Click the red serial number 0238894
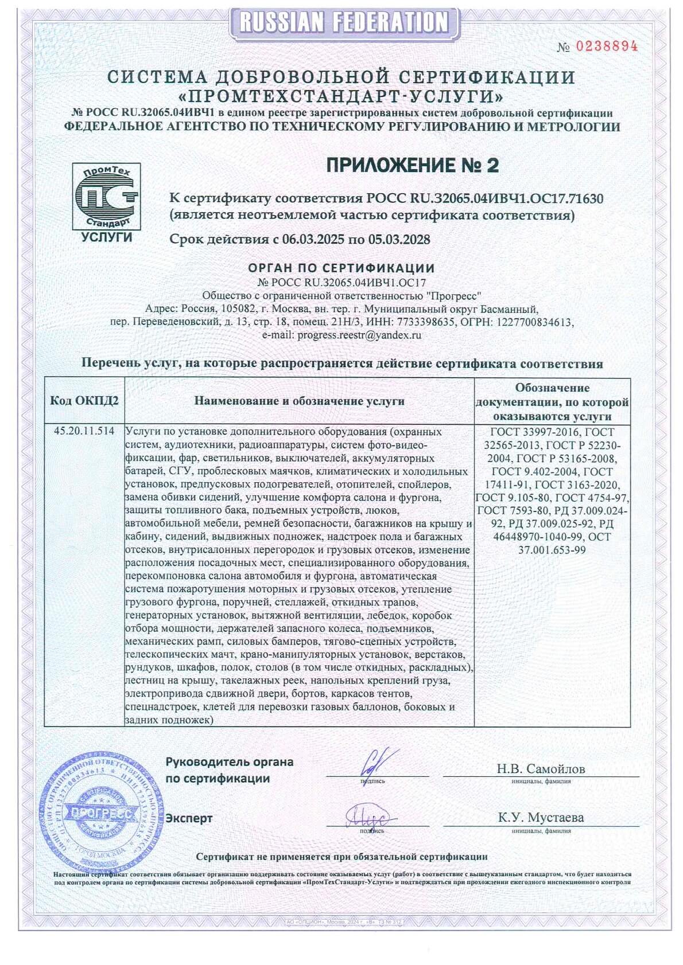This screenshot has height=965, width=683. [606, 47]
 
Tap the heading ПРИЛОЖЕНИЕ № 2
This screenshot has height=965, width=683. [413, 165]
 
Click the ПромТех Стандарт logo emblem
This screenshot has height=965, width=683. [106, 196]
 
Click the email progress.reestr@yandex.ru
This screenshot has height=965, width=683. [359, 335]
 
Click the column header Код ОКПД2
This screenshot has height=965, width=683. [84, 401]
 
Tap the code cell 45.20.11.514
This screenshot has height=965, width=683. [84, 431]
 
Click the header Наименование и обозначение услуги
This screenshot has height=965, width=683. [299, 401]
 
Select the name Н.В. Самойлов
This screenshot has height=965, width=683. [540, 769]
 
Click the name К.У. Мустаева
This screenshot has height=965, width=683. [540, 818]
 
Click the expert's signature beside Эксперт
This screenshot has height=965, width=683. [368, 816]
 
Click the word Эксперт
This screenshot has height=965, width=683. [189, 818]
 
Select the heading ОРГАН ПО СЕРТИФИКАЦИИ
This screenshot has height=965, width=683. [341, 268]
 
